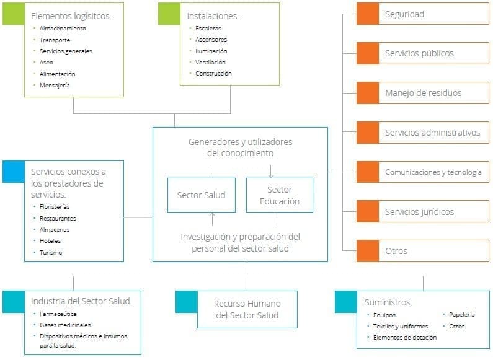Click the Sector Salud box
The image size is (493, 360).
click(201, 195)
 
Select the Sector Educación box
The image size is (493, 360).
click(279, 195)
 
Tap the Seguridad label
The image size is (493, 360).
click(404, 14)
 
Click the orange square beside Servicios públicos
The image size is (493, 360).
click(367, 53)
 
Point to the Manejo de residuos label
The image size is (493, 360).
click(423, 93)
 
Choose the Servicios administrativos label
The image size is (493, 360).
click(432, 133)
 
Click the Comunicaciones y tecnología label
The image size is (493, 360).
click(433, 172)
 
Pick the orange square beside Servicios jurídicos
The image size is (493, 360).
click(367, 212)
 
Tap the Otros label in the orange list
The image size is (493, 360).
click(396, 252)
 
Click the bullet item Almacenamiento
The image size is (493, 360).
click(63, 29)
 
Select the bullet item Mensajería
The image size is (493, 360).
click(55, 85)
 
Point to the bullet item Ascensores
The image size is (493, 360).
click(210, 40)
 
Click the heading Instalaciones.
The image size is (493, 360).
click(213, 15)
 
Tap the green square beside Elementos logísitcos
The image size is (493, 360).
click(13, 14)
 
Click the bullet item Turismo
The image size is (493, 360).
click(51, 252)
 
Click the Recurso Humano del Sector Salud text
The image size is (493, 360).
click(247, 309)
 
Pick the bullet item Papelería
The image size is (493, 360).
click(462, 315)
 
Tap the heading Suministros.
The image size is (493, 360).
click(389, 302)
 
